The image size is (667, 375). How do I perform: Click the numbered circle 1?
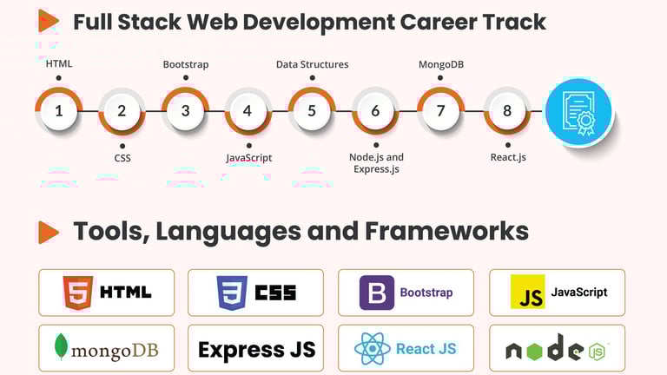pyautogui.click(x=58, y=111)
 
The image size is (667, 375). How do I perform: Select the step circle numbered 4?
pyautogui.click(x=248, y=111)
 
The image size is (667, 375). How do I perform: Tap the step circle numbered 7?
pyautogui.click(x=440, y=111)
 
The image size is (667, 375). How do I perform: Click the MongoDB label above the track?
pyautogui.click(x=440, y=64)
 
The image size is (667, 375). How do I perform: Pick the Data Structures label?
pyautogui.click(x=312, y=64)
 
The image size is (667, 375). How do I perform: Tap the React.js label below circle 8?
pyautogui.click(x=508, y=158)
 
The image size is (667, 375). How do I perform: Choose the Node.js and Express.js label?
pyautogui.click(x=376, y=163)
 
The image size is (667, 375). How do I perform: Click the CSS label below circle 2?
pyautogui.click(x=122, y=158)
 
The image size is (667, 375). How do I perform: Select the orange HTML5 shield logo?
pyautogui.click(x=75, y=293)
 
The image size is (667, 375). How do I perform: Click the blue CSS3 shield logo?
pyautogui.click(x=232, y=293)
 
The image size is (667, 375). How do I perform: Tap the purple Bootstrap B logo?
pyautogui.click(x=377, y=293)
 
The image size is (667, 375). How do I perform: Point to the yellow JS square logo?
pyautogui.click(x=527, y=293)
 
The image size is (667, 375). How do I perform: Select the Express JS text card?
pyautogui.click(x=256, y=349)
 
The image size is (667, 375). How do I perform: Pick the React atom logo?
pyautogui.click(x=373, y=349)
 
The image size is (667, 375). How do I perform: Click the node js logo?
pyautogui.click(x=556, y=349)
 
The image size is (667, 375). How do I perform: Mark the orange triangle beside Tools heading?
pyautogui.click(x=49, y=232)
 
